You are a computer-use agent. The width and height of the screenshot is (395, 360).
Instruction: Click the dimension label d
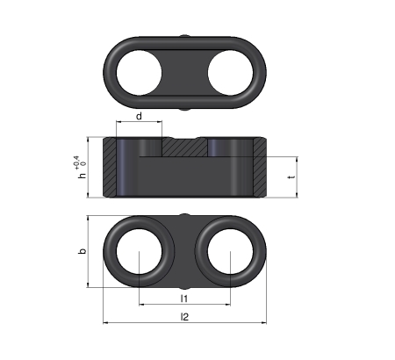tap(139, 116)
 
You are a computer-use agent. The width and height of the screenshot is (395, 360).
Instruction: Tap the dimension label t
tap(291, 176)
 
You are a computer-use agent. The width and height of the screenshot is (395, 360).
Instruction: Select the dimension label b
tap(83, 251)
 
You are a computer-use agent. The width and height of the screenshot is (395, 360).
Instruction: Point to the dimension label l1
tap(183, 299)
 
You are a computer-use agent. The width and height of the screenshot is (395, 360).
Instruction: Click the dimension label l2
tap(184, 316)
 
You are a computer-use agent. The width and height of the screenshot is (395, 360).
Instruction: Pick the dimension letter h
tap(83, 175)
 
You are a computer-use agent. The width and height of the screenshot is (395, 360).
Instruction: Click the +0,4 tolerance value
tap(77, 162)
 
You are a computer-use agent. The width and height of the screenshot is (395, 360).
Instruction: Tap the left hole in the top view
tap(139, 73)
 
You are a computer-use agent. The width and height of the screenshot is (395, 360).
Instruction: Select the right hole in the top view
tap(230, 73)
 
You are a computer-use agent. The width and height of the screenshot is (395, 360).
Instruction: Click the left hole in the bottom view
tap(139, 251)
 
